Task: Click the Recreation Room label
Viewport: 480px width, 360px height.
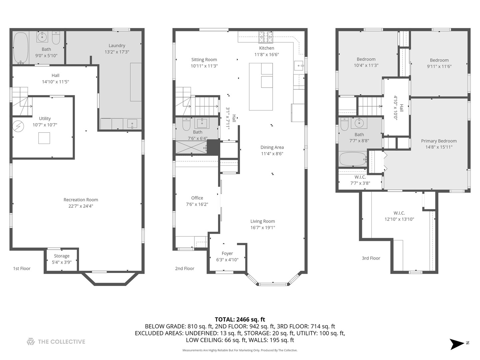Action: (x=81, y=200)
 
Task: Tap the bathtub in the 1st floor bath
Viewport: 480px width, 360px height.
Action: (x=21, y=47)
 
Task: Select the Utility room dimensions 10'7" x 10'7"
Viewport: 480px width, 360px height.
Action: (x=45, y=125)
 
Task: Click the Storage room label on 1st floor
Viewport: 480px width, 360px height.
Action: (x=62, y=256)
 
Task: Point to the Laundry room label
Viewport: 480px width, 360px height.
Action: (x=117, y=46)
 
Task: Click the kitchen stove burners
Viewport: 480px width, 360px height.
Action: (x=266, y=37)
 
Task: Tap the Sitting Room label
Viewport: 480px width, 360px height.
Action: (x=204, y=60)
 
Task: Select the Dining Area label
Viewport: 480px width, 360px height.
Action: (x=272, y=147)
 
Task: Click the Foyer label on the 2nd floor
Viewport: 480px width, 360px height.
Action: (x=227, y=253)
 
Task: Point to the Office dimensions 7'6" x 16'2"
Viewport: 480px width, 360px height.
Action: (x=197, y=204)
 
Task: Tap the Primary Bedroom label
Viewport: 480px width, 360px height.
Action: (x=439, y=141)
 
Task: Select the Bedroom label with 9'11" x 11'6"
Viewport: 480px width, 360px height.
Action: (x=439, y=60)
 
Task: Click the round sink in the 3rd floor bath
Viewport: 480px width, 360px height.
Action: (x=359, y=123)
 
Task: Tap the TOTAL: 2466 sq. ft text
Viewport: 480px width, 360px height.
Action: (x=240, y=320)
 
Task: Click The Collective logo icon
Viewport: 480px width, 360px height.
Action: (x=31, y=342)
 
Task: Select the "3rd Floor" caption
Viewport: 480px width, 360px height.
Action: (x=371, y=258)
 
